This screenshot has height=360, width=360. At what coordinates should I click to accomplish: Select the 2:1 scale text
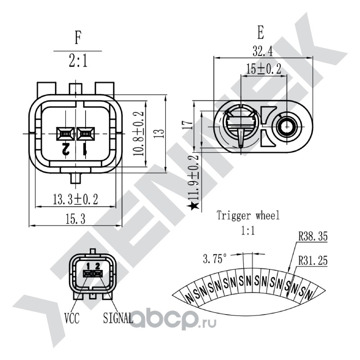pos(78,61)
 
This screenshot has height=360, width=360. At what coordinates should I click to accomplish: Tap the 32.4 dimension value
pos(263,51)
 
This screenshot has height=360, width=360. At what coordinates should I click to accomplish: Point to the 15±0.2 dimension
pos(264,68)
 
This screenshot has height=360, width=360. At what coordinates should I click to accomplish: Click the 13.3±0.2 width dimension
pos(75,199)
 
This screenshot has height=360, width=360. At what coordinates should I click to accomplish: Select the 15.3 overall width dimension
pos(75,219)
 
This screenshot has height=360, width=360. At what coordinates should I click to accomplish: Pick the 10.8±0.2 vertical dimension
pos(139,133)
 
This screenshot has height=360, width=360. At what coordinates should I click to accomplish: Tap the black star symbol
pos(193,206)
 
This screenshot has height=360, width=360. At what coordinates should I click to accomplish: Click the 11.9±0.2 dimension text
pos(193,177)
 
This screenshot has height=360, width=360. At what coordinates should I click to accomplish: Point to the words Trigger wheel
pos(248,215)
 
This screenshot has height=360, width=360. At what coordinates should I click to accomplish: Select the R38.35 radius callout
pos(313,236)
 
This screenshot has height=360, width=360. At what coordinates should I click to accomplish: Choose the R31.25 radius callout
pos(313,261)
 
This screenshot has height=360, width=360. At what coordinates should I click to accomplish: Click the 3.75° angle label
pos(215,259)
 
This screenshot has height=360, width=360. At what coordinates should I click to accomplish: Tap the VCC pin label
pos(72,319)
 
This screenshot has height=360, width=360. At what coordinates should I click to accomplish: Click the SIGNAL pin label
pos(118,318)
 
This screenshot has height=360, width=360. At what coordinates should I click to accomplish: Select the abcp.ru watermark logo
pos(174,320)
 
